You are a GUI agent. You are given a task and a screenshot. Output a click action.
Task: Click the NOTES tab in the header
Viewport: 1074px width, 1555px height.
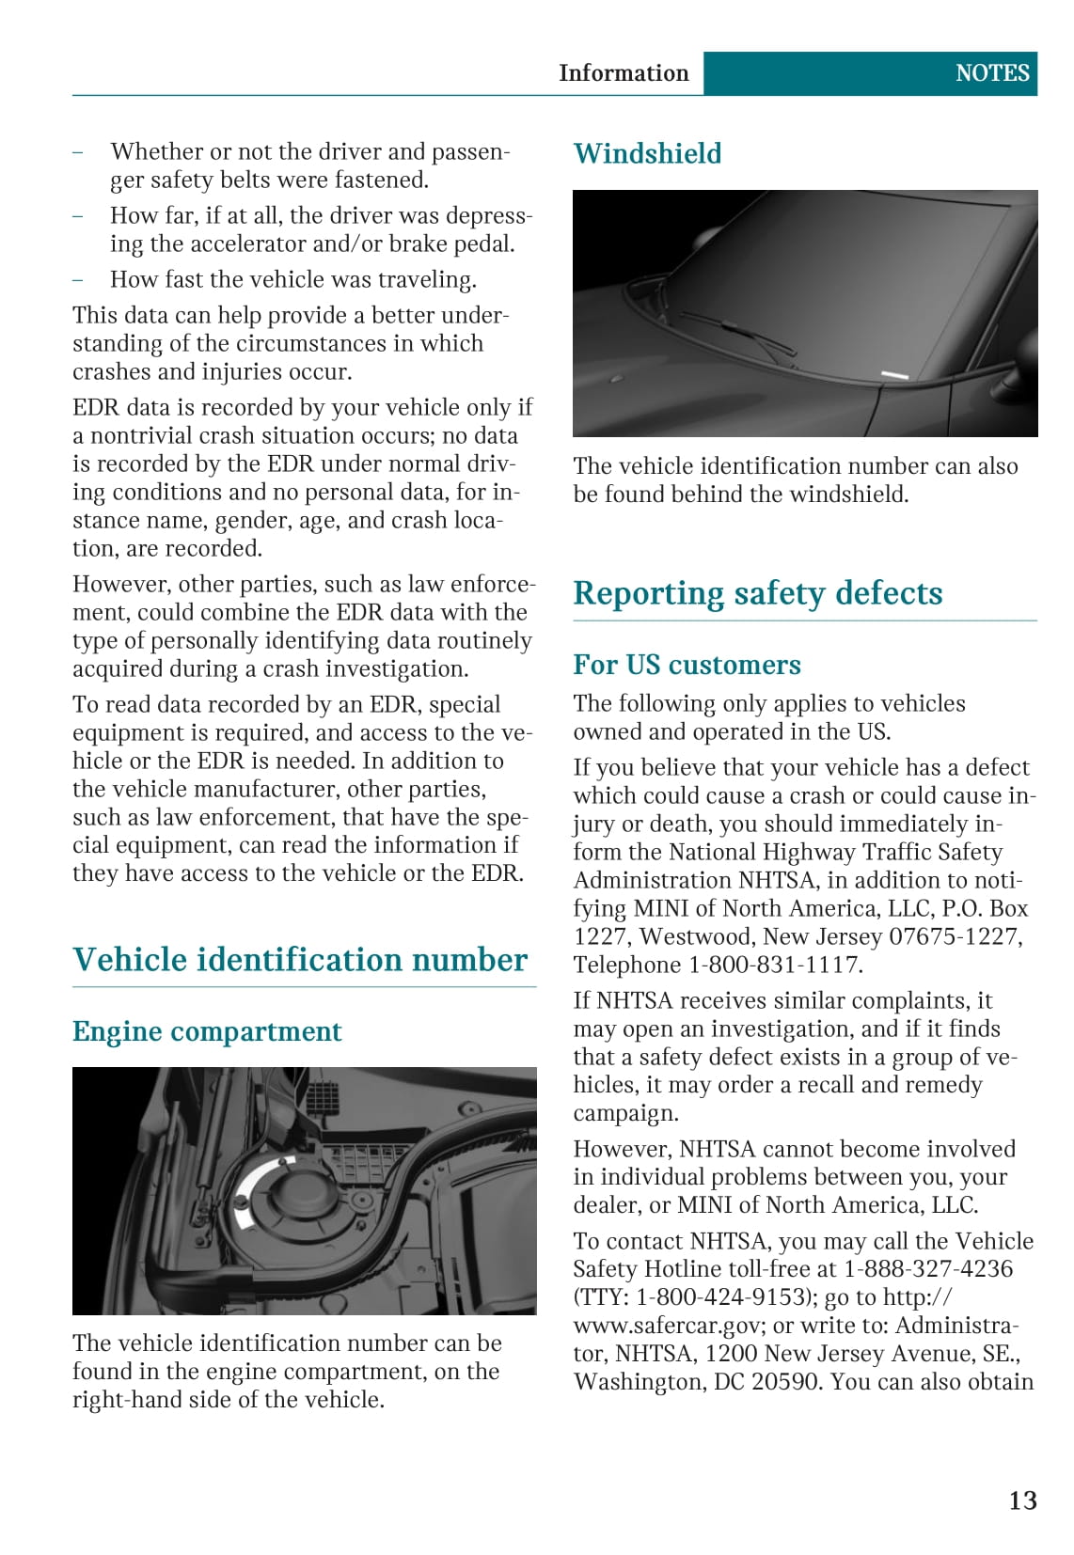click(x=991, y=73)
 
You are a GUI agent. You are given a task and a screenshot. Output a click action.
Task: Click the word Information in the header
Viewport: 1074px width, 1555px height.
click(x=624, y=73)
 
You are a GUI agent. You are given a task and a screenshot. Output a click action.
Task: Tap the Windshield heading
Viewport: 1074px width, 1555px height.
click(x=647, y=153)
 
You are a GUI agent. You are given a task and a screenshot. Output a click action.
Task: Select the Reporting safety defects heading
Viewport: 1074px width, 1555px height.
click(x=757, y=593)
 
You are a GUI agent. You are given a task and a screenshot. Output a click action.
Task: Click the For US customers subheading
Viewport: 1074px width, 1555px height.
click(x=687, y=665)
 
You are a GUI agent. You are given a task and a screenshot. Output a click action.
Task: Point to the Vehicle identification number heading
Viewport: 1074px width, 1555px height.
click(x=300, y=960)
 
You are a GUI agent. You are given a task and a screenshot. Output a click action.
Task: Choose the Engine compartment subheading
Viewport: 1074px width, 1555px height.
click(x=207, y=1031)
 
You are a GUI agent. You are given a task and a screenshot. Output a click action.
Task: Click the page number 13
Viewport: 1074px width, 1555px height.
click(x=1022, y=1500)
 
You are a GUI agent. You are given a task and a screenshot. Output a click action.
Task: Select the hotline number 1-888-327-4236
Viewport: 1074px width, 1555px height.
click(x=928, y=1269)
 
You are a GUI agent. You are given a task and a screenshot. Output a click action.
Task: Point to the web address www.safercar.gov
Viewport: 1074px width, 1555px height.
click(x=671, y=1326)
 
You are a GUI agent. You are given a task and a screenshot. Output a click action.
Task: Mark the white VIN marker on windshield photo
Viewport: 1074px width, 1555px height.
click(x=894, y=375)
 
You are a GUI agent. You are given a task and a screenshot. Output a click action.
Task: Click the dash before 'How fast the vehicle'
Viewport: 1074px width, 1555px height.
click(x=78, y=279)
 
